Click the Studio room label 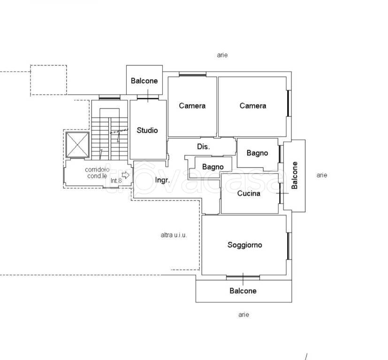[147, 130]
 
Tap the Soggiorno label [245, 245]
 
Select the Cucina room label [249, 193]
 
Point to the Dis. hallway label [204, 147]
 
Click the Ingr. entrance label [162, 180]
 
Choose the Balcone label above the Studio [144, 81]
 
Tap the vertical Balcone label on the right [295, 175]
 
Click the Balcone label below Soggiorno [243, 291]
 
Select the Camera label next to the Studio [192, 106]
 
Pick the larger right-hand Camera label [253, 106]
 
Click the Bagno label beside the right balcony [258, 153]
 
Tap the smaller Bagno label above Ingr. [213, 167]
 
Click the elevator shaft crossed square [77, 145]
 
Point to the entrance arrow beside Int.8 [126, 175]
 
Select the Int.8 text [116, 181]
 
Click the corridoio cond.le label [97, 173]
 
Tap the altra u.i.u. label [174, 235]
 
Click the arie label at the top [222, 55]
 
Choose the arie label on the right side [322, 175]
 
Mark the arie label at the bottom [244, 315]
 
